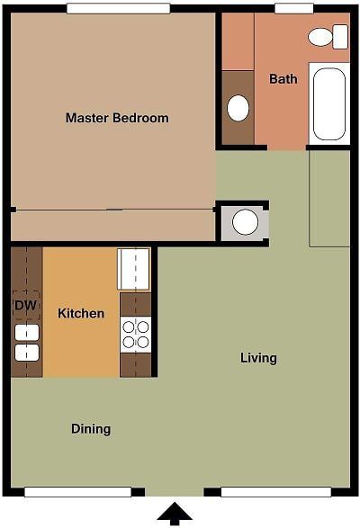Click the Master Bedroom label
(117, 118)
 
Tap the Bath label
(283, 79)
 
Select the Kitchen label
(81, 314)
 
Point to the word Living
(258, 358)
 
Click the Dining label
(91, 429)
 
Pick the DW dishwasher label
(25, 305)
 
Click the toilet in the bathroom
(321, 37)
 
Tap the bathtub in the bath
(329, 103)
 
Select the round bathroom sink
(238, 108)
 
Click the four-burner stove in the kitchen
(136, 335)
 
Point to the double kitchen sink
(27, 342)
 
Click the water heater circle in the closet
(245, 221)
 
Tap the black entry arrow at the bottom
(175, 514)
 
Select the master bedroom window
(118, 8)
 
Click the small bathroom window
(293, 8)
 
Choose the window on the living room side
(275, 492)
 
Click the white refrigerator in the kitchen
(134, 269)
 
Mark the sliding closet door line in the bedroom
(112, 210)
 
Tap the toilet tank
(340, 37)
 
